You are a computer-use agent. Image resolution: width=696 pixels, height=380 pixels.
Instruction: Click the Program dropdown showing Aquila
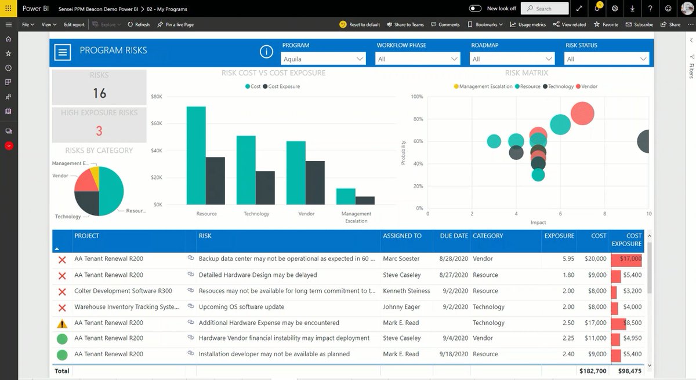click(323, 59)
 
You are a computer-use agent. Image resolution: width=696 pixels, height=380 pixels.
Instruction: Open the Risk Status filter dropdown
click(606, 59)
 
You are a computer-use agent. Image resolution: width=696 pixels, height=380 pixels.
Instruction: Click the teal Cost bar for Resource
click(196, 155)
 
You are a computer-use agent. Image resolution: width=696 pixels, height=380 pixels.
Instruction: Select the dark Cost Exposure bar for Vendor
click(315, 182)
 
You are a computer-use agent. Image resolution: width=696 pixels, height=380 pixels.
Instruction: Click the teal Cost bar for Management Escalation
click(346, 196)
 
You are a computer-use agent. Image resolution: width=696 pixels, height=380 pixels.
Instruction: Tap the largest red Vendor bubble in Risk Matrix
click(582, 114)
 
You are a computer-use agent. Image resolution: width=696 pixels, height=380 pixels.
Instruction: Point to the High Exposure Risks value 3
click(99, 131)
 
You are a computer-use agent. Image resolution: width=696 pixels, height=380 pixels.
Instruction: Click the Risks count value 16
click(99, 93)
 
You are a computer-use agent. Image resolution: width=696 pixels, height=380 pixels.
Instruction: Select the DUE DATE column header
click(454, 236)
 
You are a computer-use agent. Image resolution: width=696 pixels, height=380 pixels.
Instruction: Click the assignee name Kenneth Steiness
click(407, 291)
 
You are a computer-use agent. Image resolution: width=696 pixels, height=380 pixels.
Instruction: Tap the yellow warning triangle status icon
click(62, 323)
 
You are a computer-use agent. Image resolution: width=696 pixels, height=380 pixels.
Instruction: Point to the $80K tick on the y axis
click(157, 97)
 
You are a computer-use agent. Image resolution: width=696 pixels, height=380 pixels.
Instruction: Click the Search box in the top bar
click(545, 9)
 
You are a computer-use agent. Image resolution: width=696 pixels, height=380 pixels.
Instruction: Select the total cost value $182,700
click(592, 371)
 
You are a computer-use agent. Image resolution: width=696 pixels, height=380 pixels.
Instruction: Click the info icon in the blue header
click(266, 52)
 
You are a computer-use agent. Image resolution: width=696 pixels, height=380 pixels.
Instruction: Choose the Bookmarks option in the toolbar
click(483, 25)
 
